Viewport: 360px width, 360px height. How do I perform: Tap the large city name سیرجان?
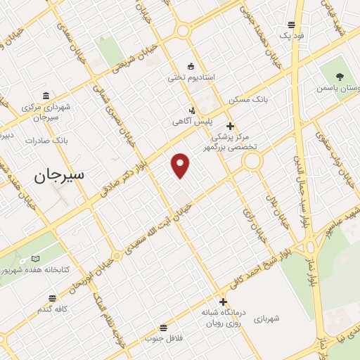[x=58, y=176]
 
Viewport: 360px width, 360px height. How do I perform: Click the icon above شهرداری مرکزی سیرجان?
[x=46, y=96]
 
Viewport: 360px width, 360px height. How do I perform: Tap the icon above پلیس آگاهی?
[x=192, y=110]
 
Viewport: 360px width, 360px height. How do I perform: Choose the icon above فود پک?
[x=290, y=25]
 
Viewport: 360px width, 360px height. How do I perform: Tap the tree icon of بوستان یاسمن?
[x=341, y=77]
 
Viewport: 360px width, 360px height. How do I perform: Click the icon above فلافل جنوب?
[x=164, y=328]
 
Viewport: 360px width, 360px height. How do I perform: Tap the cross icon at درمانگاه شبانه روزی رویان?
[x=223, y=302]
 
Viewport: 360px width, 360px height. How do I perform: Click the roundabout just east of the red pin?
[x=251, y=162]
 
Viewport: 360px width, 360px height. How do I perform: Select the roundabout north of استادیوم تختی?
[x=184, y=31]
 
